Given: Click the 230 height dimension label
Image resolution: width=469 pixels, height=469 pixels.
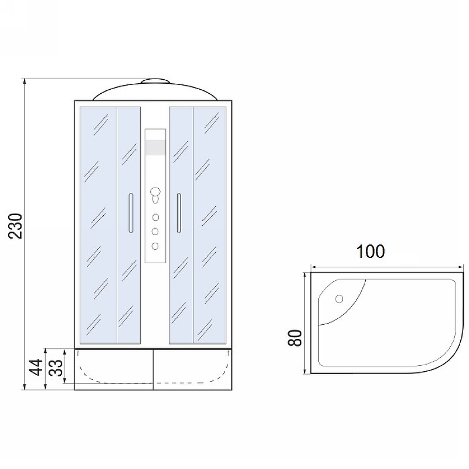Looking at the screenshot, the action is [x=15, y=226].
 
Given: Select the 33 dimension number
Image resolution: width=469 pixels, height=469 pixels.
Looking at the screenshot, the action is [x=56, y=367].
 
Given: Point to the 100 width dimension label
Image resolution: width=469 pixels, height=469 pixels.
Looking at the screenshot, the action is [x=371, y=252].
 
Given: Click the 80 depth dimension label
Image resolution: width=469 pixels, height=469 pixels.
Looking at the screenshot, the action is [x=295, y=338].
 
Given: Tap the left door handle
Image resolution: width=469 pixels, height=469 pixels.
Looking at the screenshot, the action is [x=131, y=213].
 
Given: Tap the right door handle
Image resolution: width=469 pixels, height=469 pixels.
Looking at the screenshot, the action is [x=179, y=213].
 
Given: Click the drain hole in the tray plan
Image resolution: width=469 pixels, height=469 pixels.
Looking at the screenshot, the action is [x=339, y=298].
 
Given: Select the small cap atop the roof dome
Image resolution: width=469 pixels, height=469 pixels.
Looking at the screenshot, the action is [x=155, y=81].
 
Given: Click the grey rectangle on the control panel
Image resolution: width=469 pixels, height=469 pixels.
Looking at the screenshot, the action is [x=155, y=148].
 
